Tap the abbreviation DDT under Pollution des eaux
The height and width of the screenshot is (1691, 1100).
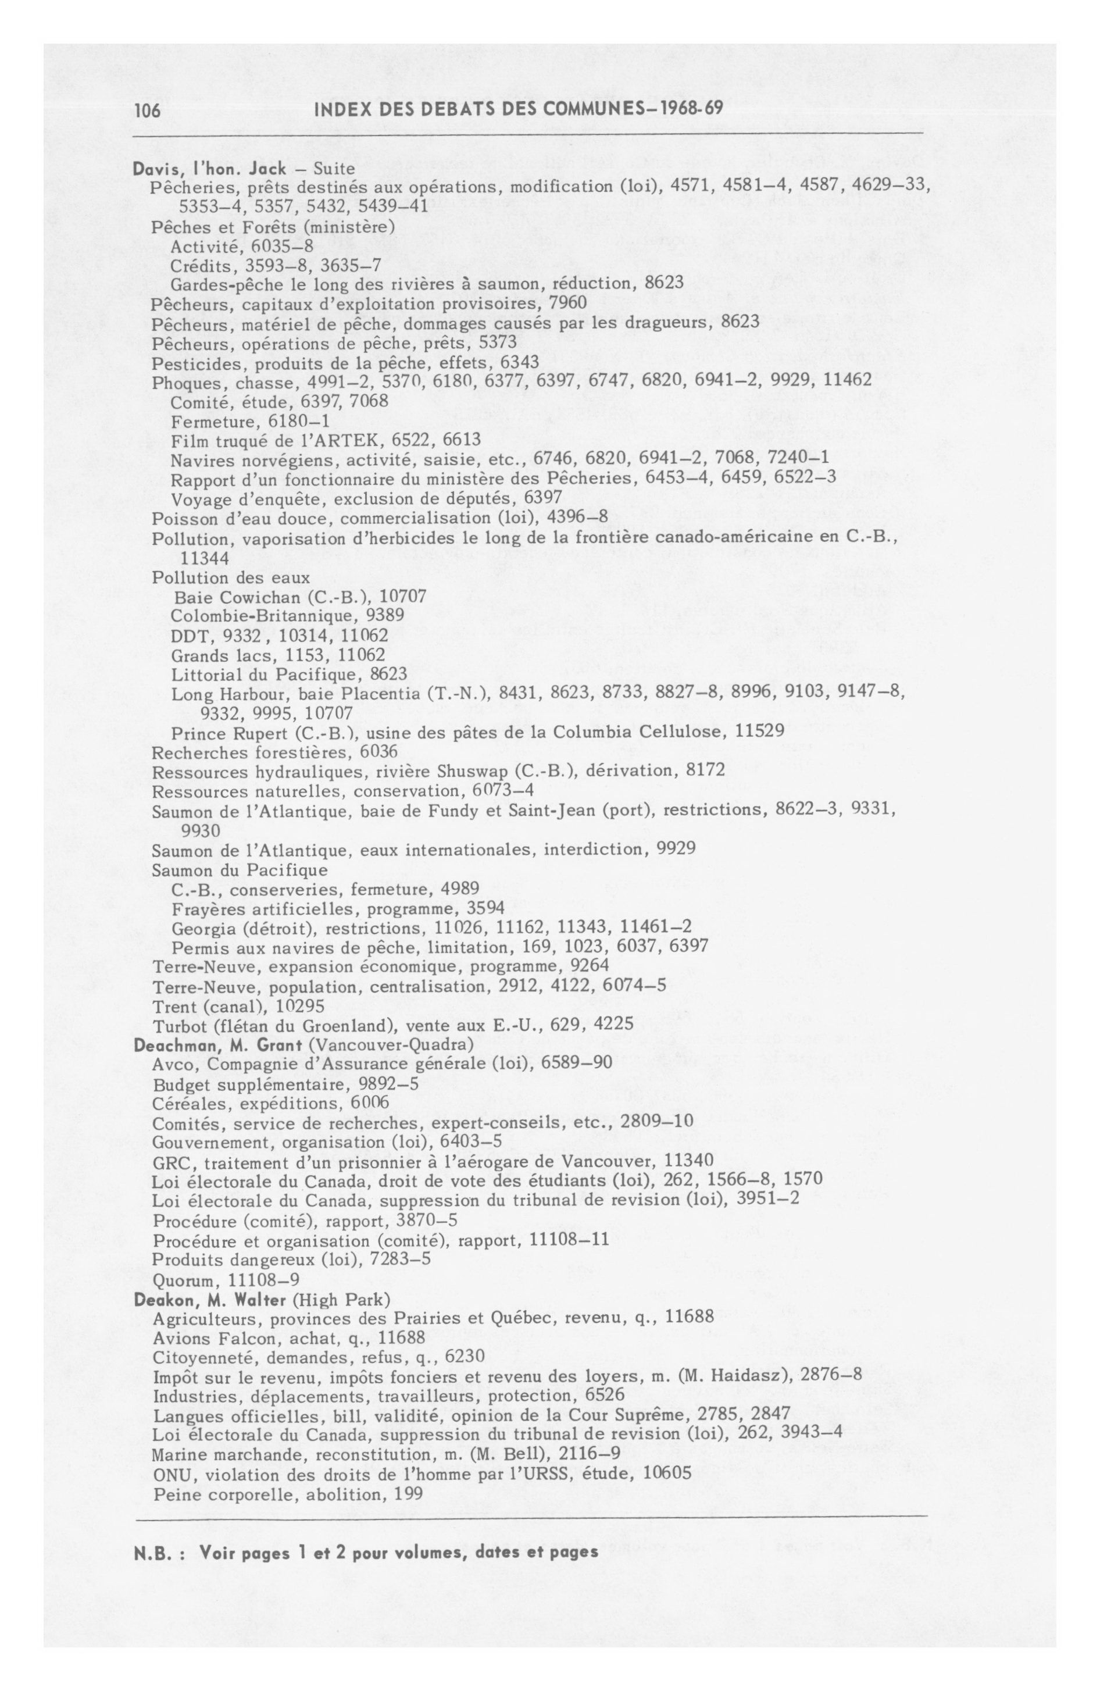click(x=187, y=634)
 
